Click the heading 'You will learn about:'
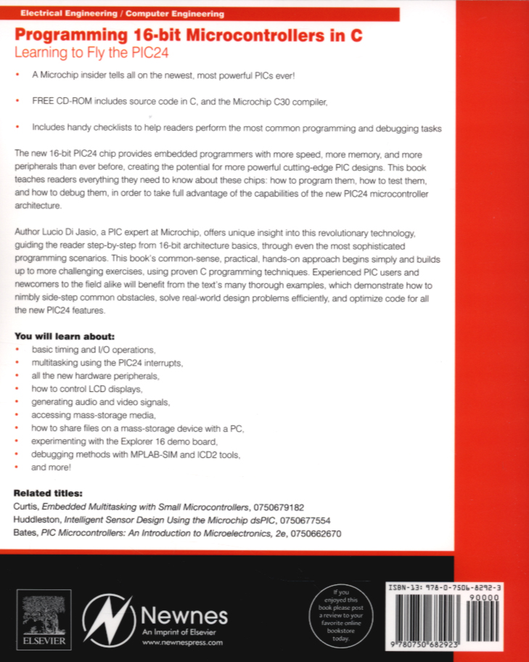point(65,337)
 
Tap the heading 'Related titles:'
point(49,492)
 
